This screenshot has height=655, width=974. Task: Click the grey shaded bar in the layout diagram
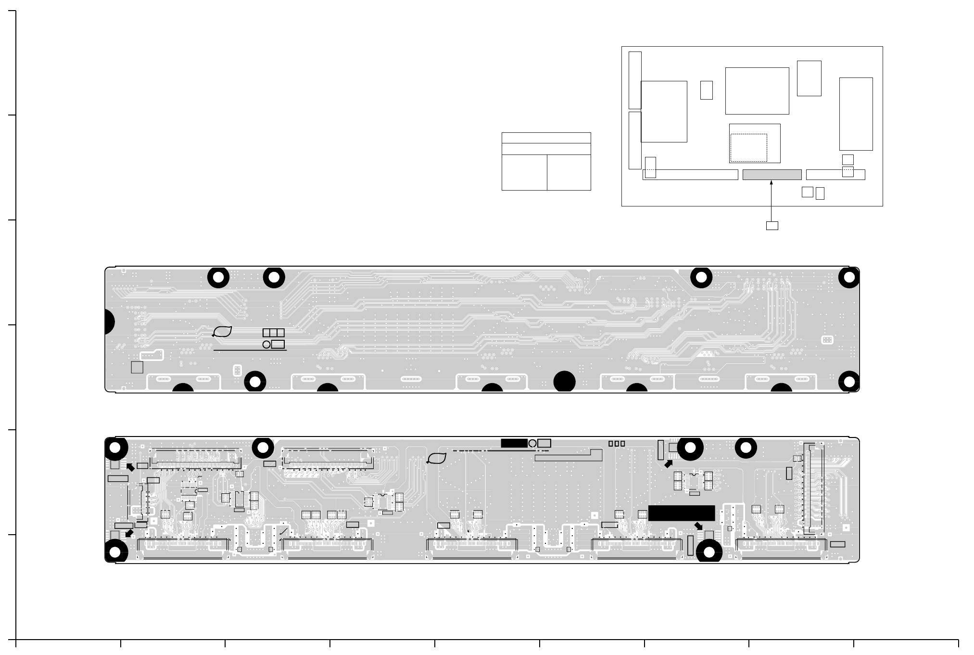click(772, 175)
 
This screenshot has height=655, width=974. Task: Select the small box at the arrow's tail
click(772, 226)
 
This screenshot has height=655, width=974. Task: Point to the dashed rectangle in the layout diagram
click(748, 148)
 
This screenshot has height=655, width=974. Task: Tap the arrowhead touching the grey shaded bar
click(771, 182)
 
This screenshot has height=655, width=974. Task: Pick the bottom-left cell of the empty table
click(524, 172)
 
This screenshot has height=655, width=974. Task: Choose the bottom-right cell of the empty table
click(569, 172)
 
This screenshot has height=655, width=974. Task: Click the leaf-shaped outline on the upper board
click(223, 332)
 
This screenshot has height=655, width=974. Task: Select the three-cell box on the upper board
click(273, 333)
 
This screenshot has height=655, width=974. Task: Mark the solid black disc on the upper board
click(564, 382)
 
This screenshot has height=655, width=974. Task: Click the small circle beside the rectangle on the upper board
click(266, 345)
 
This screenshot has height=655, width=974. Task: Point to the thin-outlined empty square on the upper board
click(137, 367)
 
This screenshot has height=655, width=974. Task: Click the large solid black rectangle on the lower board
click(681, 513)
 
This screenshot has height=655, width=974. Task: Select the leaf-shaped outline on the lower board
click(437, 459)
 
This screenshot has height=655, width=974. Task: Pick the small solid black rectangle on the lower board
click(514, 443)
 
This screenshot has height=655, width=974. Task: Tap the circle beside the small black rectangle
click(532, 443)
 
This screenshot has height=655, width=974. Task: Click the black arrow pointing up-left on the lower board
click(130, 467)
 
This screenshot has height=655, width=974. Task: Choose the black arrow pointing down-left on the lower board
click(129, 533)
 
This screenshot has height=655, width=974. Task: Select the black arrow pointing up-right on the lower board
click(669, 464)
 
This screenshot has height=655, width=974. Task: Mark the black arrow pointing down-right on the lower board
click(698, 526)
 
